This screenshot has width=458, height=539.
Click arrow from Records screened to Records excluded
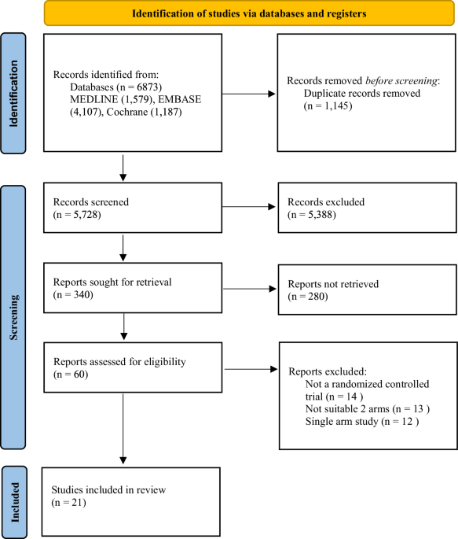(245, 207)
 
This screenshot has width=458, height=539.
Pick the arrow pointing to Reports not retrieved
(245, 289)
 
